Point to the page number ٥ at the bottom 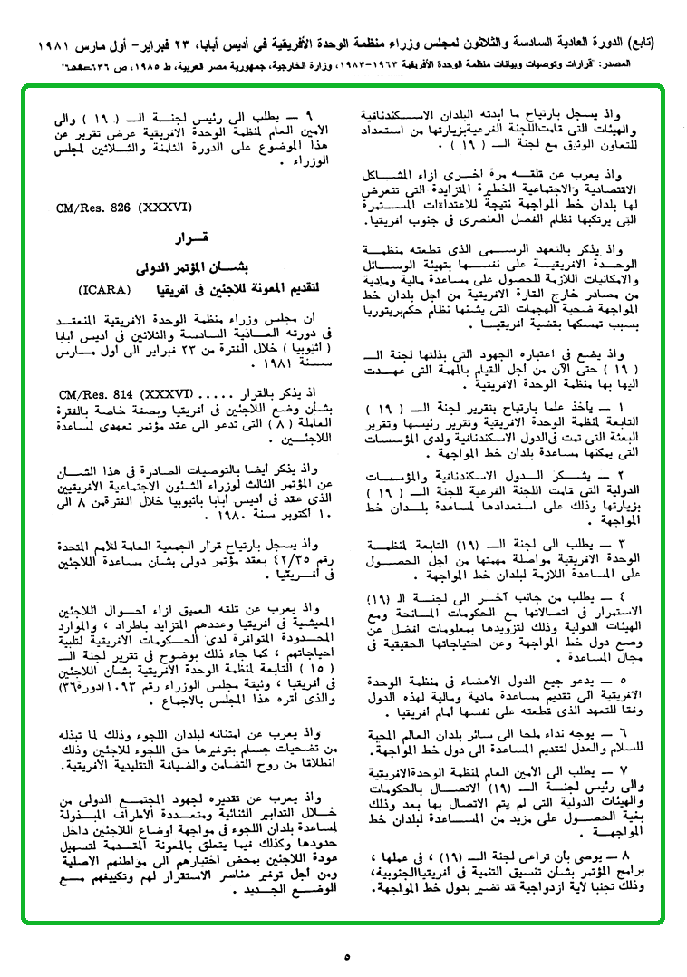[347, 956]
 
